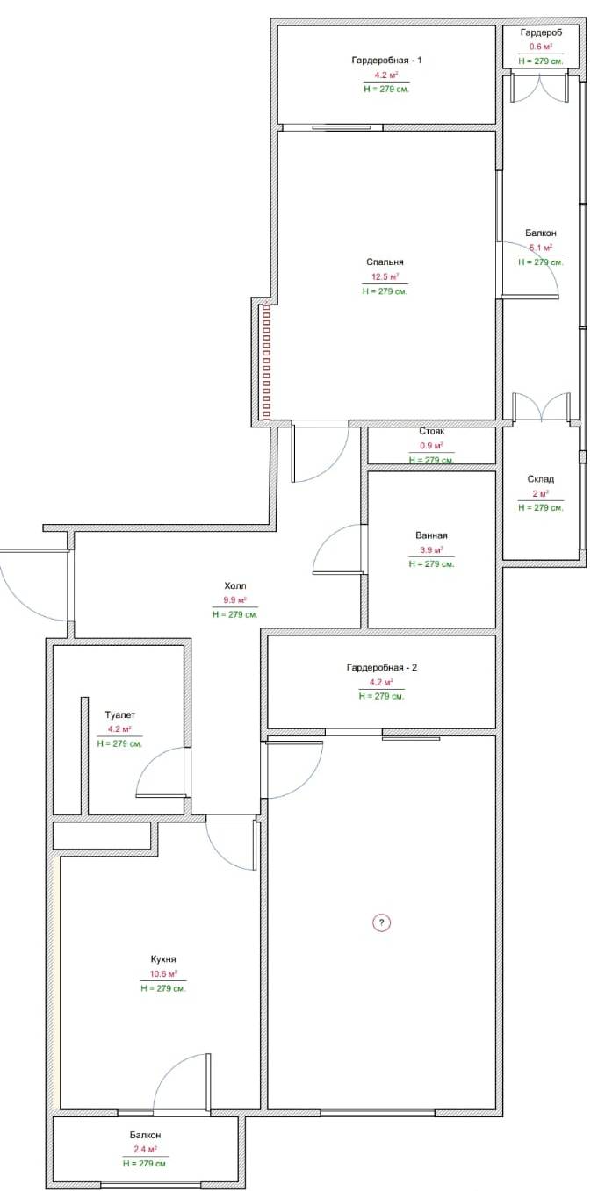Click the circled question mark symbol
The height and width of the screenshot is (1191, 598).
(x=381, y=922)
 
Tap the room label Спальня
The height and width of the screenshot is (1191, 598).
(x=385, y=262)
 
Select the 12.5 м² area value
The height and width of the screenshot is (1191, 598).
(x=385, y=276)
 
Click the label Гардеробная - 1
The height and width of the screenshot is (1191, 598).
(x=386, y=60)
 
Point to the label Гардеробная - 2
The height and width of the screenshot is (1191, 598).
(x=381, y=667)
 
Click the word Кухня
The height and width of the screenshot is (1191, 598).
(x=163, y=959)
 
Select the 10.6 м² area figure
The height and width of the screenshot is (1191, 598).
(x=163, y=974)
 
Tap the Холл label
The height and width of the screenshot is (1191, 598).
(x=234, y=586)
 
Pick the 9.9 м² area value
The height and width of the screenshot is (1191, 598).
(x=234, y=600)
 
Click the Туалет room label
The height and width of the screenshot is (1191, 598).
(x=119, y=715)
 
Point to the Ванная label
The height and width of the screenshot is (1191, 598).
(x=431, y=535)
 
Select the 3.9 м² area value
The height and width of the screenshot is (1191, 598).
(x=431, y=549)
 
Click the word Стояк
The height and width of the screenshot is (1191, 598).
(x=431, y=431)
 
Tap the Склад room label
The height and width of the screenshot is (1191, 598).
(x=541, y=479)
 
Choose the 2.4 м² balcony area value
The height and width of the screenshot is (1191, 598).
(x=145, y=1149)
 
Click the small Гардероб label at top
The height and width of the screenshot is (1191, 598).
(x=541, y=32)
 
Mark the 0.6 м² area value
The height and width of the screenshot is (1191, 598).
(x=541, y=47)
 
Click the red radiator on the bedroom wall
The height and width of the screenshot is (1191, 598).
(x=266, y=361)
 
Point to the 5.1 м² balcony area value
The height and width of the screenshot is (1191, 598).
(x=541, y=248)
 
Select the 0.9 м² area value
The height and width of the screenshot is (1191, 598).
(x=431, y=446)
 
